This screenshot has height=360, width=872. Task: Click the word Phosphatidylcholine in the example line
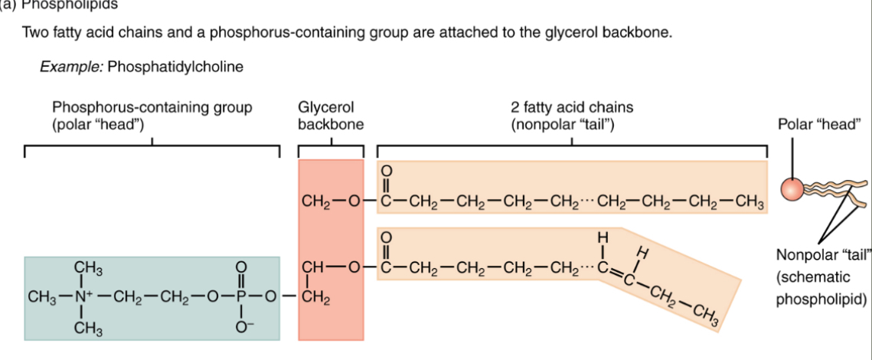(175, 67)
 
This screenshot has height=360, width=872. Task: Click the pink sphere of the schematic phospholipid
(792, 188)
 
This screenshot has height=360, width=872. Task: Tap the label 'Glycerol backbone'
(330, 115)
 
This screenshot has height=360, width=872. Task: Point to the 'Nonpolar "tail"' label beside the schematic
(824, 255)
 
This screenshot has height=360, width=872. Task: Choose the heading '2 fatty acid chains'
(572, 107)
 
